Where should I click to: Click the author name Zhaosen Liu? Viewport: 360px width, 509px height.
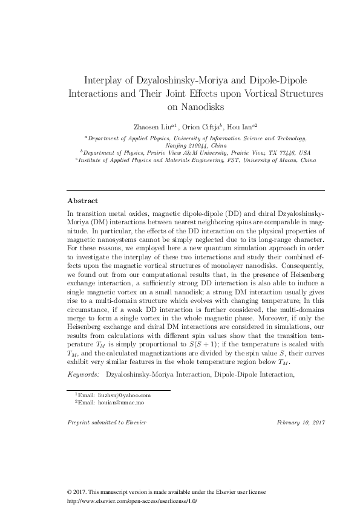point(152,126)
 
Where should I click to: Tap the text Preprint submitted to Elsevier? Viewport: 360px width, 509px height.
point(106,421)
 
